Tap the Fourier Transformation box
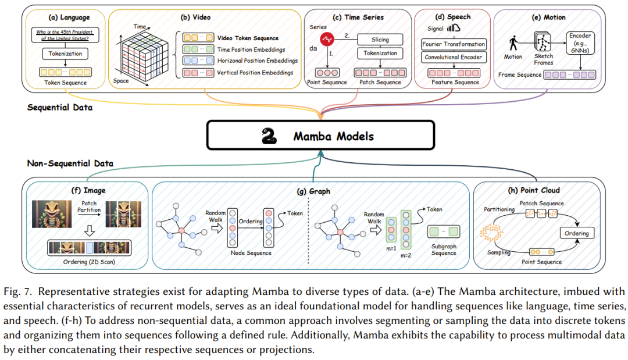point(454,44)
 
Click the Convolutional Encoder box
point(454,57)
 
